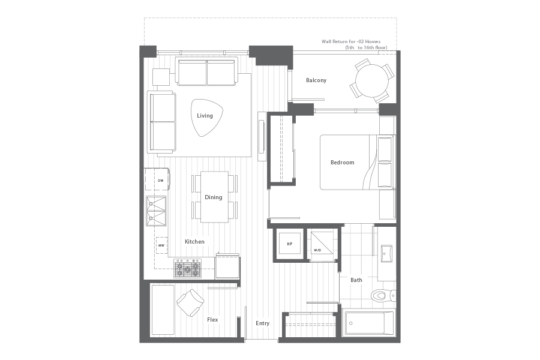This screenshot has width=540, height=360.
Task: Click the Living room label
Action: [x=205, y=115]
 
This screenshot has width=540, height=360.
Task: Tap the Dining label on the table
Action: [x=214, y=197]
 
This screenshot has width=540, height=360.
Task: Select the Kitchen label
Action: [x=194, y=241]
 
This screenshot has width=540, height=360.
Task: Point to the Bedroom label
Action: [x=343, y=162]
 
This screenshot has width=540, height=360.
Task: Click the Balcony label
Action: [x=316, y=80]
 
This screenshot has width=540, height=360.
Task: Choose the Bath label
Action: [x=356, y=280]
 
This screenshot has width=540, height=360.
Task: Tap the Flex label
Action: [x=212, y=320]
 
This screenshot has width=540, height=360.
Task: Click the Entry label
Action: [x=262, y=323]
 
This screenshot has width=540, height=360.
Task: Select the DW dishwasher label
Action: [x=160, y=181]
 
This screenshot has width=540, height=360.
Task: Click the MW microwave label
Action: [x=161, y=245]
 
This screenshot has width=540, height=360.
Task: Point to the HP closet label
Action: [x=290, y=244]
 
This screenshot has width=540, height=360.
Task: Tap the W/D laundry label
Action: [x=317, y=250]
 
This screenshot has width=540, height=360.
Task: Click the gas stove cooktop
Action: [x=188, y=268]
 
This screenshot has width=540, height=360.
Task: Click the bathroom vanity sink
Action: [x=386, y=254]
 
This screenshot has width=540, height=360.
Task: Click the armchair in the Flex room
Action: [x=190, y=302]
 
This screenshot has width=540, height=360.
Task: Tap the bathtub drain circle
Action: [x=351, y=323]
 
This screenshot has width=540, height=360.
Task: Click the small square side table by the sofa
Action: [x=161, y=77]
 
